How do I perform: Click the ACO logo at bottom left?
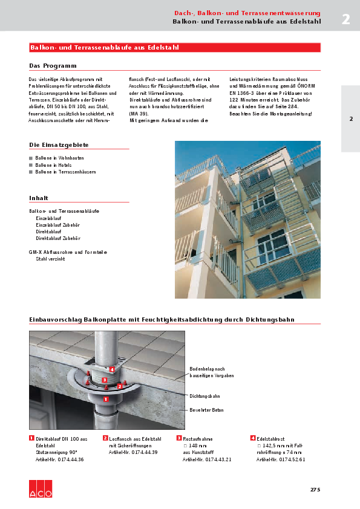point(41,489)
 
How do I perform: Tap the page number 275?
point(315,489)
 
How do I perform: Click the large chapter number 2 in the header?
point(345,19)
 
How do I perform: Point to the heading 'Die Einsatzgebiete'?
point(59,145)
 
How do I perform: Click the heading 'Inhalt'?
point(39,198)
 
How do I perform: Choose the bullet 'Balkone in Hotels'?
point(53,164)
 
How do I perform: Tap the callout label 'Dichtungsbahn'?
point(205,396)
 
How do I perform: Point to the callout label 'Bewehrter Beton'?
point(206,410)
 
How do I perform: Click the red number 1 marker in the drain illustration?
point(106,399)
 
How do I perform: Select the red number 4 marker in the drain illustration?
point(112,369)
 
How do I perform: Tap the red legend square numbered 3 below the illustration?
point(179,438)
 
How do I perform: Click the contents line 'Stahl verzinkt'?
point(50,259)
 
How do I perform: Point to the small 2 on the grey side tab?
point(351,118)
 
